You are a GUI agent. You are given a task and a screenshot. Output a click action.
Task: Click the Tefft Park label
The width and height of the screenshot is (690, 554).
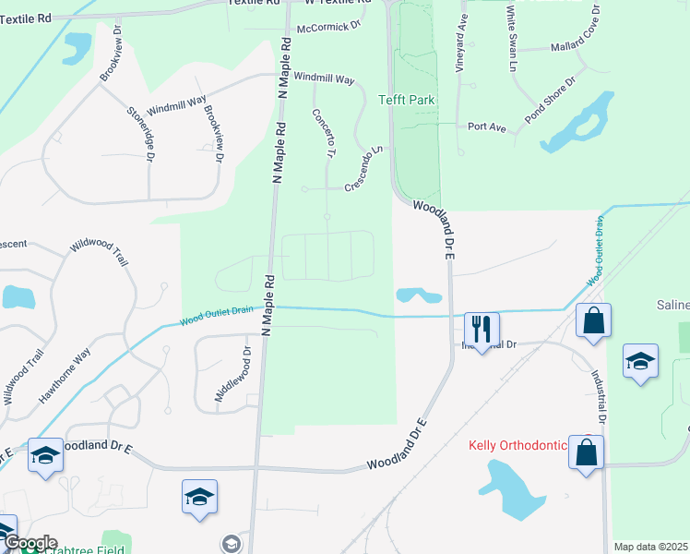(406, 100)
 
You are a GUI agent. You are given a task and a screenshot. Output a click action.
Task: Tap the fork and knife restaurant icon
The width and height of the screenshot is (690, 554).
(482, 329)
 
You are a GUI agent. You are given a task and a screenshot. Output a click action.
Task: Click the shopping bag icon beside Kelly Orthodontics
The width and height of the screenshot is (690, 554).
(586, 452)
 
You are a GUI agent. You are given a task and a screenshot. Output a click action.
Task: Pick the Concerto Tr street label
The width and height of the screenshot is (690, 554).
(323, 135)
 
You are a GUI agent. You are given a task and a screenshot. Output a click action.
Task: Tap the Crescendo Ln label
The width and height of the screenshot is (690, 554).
(363, 168)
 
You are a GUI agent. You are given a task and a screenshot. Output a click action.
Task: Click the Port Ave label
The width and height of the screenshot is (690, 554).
(487, 126)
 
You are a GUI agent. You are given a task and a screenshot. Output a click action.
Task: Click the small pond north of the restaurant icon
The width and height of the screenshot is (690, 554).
(418, 295)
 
